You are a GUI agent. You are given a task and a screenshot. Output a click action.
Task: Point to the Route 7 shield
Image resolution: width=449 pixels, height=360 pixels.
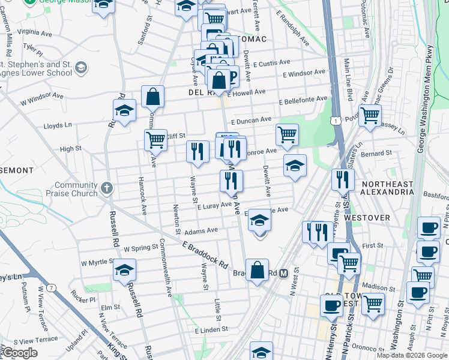point(52,288)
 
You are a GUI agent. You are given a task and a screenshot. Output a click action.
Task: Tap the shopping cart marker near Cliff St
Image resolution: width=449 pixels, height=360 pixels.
point(155,140)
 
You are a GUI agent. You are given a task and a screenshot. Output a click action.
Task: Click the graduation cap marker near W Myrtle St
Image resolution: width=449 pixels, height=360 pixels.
point(124,269)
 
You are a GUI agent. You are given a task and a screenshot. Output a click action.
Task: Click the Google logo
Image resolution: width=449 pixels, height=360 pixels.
point(20,353)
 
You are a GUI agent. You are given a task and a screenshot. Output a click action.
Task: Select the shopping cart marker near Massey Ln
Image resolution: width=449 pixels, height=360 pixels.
point(370,115)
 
